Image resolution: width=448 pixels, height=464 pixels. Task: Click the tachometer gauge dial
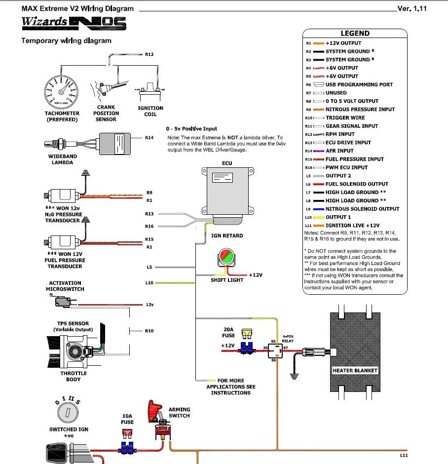pos(62,91)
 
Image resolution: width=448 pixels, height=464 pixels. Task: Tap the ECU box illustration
pos(227,193)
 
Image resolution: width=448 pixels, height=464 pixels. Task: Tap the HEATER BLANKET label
pos(355,370)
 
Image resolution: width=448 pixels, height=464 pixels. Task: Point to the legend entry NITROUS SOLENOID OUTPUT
pos(362,209)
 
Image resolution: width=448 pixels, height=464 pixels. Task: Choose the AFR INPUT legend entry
pos(339,151)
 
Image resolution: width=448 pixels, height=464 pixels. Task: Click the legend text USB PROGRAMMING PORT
pos(359,84)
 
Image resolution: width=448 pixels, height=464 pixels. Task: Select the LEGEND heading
pos(355,34)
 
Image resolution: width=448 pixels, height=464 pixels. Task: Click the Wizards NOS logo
pos(74,23)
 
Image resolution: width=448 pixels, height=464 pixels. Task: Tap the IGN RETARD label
pos(227,236)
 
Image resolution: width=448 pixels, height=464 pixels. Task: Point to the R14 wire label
pos(149,138)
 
